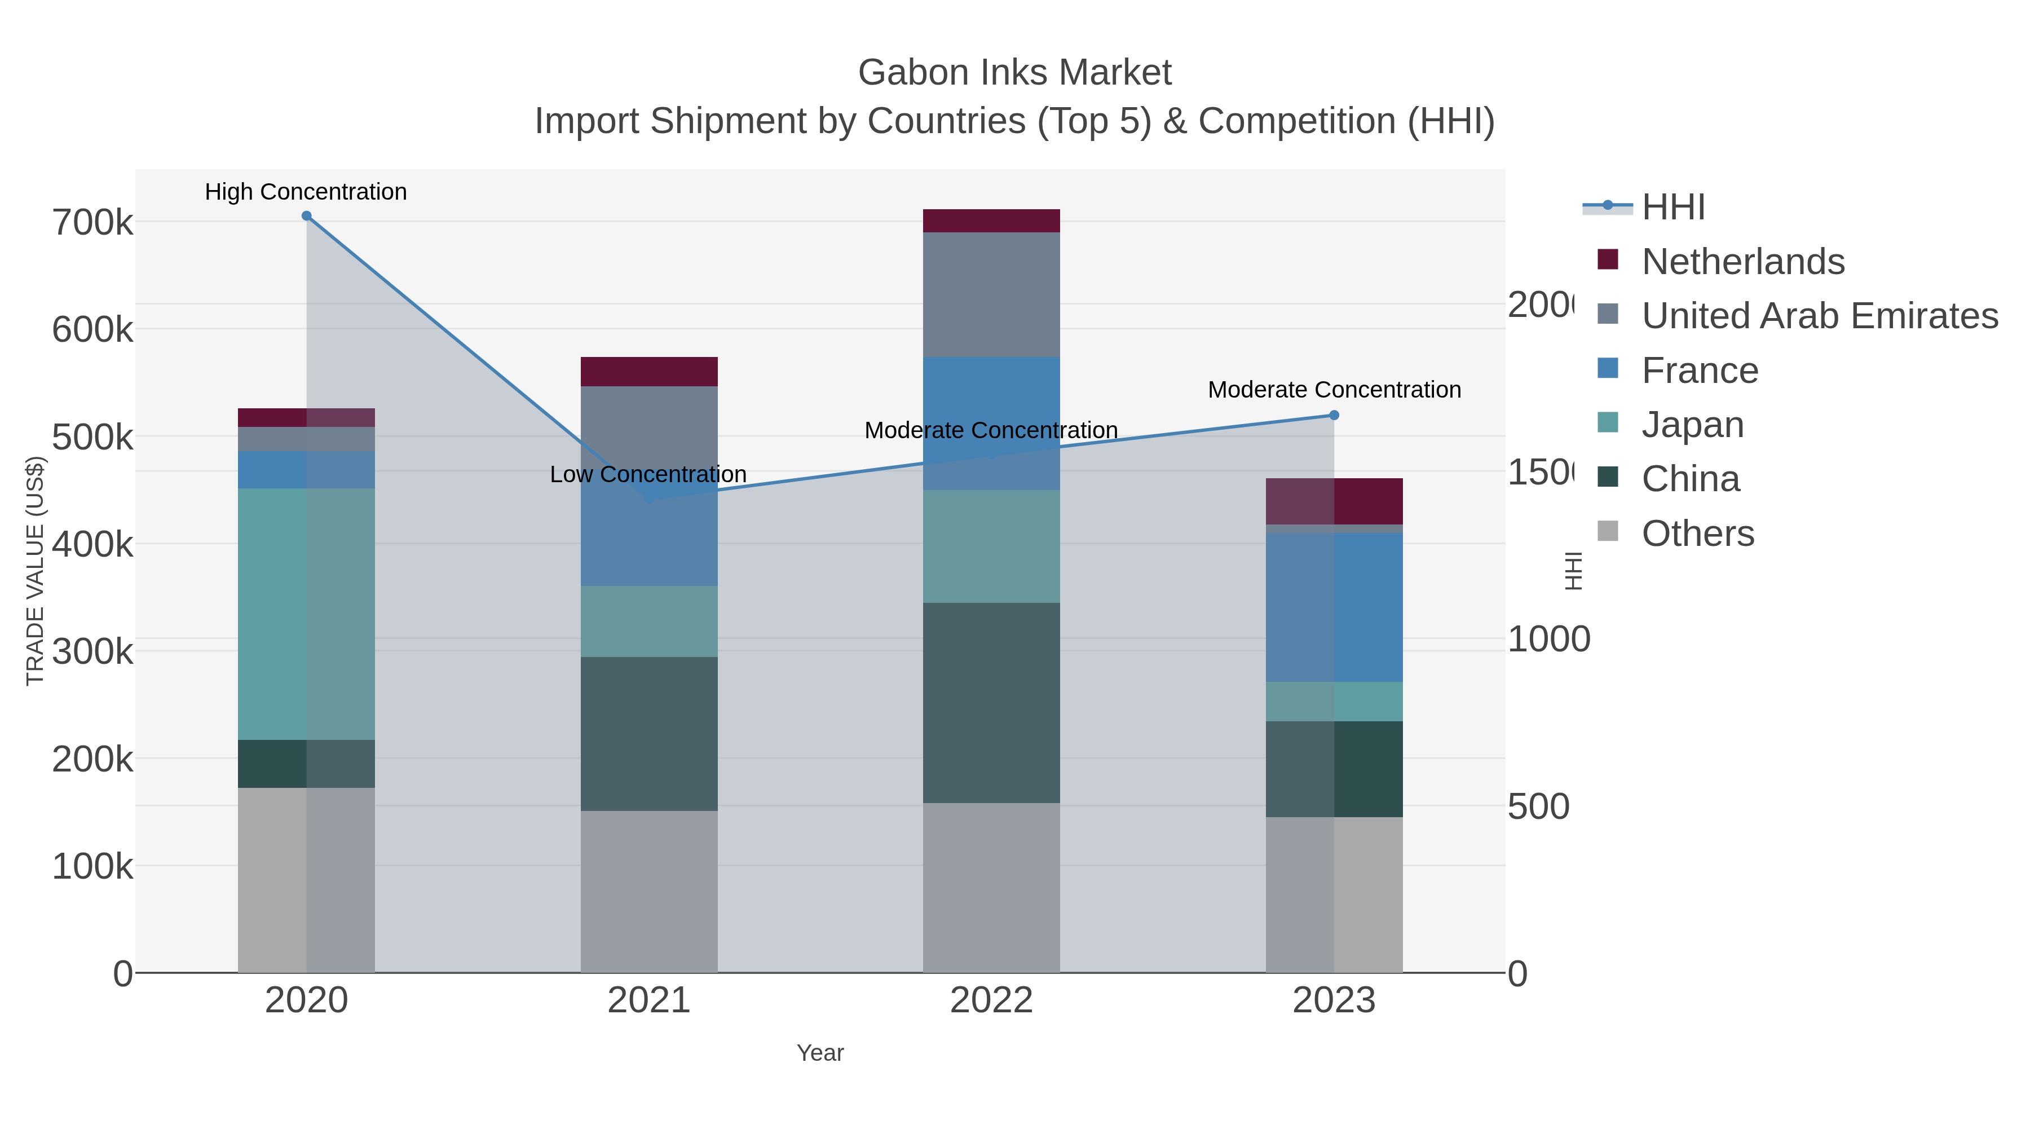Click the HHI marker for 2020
(x=307, y=216)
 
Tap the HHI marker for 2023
(x=1334, y=415)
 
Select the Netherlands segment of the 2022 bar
(x=991, y=221)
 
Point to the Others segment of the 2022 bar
(x=991, y=888)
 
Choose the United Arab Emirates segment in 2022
(x=991, y=295)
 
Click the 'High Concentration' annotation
(x=306, y=192)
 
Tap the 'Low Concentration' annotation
(x=648, y=474)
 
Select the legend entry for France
(x=1700, y=371)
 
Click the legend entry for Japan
(x=1692, y=425)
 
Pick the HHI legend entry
(x=1673, y=208)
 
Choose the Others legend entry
(x=1697, y=533)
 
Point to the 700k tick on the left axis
(x=92, y=223)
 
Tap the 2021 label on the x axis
(x=648, y=1000)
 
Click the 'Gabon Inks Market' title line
(x=1014, y=73)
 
